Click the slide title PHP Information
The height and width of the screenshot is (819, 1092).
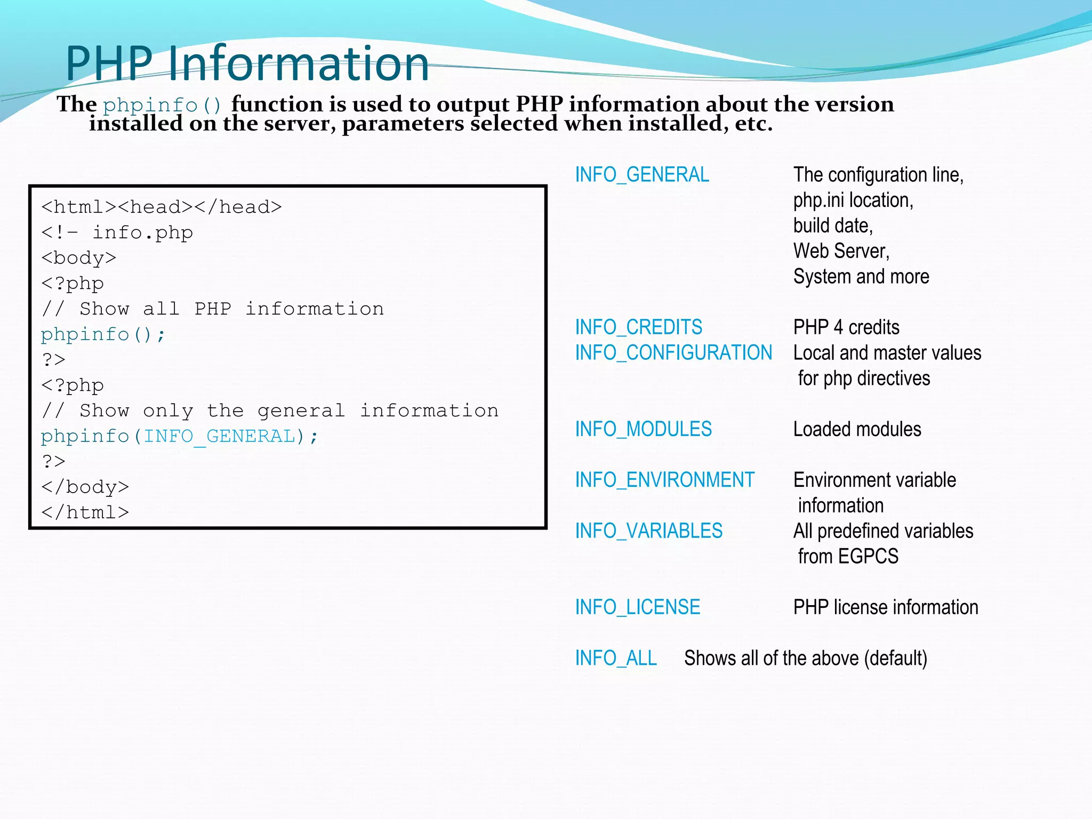(247, 63)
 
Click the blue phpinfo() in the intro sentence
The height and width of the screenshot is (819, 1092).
(162, 105)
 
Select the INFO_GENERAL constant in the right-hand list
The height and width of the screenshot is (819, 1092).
(642, 175)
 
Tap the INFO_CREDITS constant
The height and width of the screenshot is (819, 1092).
(638, 327)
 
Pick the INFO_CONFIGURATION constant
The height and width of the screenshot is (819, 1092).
(673, 353)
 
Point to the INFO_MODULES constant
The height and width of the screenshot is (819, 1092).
(643, 429)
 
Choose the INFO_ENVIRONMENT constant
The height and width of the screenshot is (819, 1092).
(664, 480)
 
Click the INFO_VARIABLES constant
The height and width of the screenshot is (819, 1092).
(648, 531)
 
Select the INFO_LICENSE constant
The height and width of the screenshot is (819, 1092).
(637, 607)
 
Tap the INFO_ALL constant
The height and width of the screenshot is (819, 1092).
(616, 659)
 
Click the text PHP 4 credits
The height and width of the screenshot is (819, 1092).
(846, 327)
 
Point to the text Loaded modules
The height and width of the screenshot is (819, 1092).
(857, 429)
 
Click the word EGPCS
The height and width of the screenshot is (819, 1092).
(868, 557)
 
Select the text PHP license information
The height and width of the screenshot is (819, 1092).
(886, 607)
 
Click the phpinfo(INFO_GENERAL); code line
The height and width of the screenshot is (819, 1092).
(179, 437)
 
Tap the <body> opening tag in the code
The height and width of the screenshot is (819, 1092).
(78, 259)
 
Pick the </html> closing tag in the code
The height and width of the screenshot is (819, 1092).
(85, 513)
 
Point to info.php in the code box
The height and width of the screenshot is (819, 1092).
(142, 233)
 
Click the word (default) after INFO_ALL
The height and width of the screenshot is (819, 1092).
(895, 659)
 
